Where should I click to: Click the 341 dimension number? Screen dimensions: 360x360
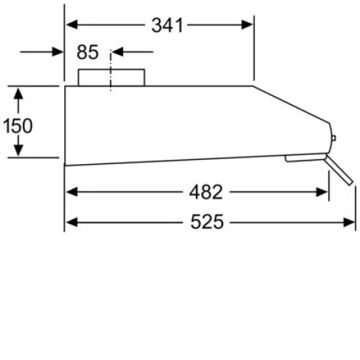167,25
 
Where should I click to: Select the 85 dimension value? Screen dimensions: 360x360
88,52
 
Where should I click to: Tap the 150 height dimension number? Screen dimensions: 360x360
18,126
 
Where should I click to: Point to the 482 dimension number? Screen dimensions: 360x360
206,192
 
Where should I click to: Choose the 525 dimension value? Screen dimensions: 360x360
207,222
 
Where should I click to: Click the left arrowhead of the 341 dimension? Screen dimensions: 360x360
72,24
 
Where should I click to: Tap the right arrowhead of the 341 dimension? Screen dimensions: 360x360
247,24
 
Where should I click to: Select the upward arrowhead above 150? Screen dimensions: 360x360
19,94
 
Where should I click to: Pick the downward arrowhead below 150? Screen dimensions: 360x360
19,150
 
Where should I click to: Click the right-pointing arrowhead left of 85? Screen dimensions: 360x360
58,52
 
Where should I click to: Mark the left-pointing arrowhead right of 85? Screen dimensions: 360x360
117,52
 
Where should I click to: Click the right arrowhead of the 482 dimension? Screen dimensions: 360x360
322,192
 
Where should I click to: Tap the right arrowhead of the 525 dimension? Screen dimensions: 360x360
349,222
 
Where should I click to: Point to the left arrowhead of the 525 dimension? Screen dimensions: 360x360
72,222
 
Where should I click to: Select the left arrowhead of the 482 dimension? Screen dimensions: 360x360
72,192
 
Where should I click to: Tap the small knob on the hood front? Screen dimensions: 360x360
333,138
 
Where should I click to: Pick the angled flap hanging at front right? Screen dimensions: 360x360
339,170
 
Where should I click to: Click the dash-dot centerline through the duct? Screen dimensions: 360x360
111,71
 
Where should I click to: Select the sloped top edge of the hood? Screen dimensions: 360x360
291,104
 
